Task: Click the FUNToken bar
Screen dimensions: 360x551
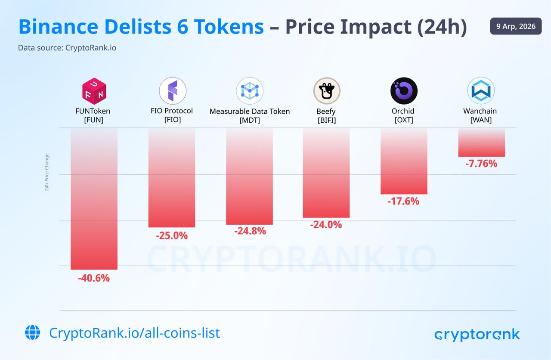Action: click(94, 199)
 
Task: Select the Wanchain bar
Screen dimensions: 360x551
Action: click(481, 142)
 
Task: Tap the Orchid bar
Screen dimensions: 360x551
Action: click(404, 161)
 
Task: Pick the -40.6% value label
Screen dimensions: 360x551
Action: click(94, 278)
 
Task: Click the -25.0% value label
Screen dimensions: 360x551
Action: click(172, 236)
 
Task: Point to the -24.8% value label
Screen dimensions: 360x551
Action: click(250, 231)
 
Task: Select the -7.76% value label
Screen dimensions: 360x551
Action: click(481, 164)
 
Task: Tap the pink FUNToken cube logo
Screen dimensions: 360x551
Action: click(94, 91)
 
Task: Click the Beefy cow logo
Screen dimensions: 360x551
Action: click(326, 91)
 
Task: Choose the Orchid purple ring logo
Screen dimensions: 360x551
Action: click(404, 91)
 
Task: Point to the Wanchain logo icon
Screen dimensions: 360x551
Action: click(481, 91)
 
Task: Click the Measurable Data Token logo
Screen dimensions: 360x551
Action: click(250, 91)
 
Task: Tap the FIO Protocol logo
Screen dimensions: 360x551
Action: click(172, 91)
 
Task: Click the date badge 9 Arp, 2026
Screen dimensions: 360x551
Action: click(516, 26)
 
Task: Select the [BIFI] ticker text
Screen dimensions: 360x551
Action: click(326, 120)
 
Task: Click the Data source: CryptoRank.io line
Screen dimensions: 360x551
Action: click(67, 48)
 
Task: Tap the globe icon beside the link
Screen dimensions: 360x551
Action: click(32, 332)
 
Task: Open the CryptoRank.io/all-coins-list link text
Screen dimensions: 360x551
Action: click(134, 333)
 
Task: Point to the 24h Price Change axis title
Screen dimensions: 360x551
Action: click(47, 172)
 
